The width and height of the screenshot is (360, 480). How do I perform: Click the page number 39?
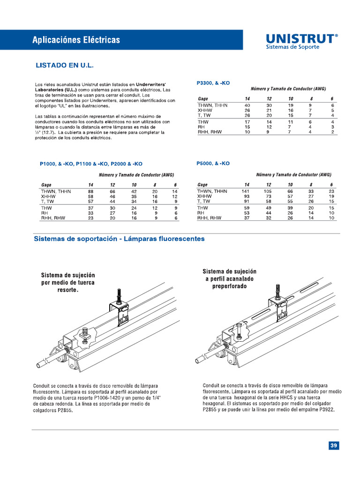(x=333, y=446)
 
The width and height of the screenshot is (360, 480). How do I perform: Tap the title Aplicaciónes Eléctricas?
(x=76, y=40)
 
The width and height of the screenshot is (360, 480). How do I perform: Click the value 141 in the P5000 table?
(x=245, y=191)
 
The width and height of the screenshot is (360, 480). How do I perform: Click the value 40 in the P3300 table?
(x=247, y=105)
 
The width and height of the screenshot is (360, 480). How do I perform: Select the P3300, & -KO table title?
(x=213, y=83)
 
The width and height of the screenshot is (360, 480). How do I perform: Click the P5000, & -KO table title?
(x=213, y=164)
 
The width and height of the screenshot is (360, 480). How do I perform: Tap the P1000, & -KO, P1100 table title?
(x=91, y=164)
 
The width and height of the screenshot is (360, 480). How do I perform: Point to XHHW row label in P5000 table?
(x=205, y=196)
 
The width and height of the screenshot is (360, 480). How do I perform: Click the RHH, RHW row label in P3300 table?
(x=210, y=132)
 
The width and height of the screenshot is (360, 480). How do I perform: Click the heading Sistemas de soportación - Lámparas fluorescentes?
(x=119, y=239)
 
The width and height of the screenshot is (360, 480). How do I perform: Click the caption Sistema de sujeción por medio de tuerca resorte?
(x=68, y=283)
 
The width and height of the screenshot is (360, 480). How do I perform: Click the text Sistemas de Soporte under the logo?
(x=292, y=47)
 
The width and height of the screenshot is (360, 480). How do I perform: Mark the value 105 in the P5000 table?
(x=267, y=191)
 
